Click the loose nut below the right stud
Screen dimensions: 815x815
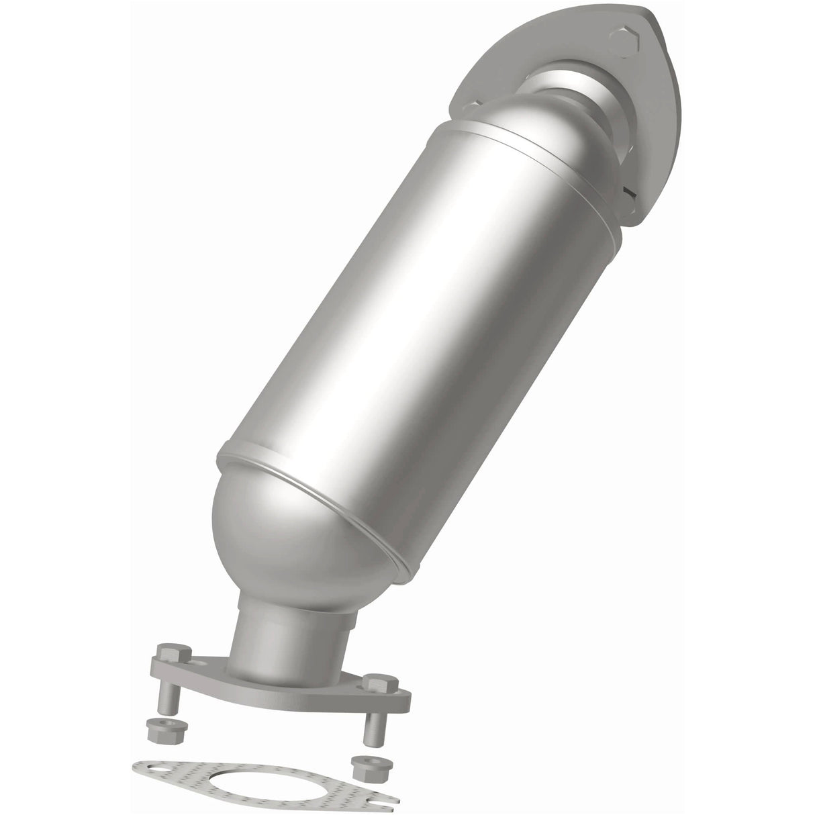click(x=361, y=763)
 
